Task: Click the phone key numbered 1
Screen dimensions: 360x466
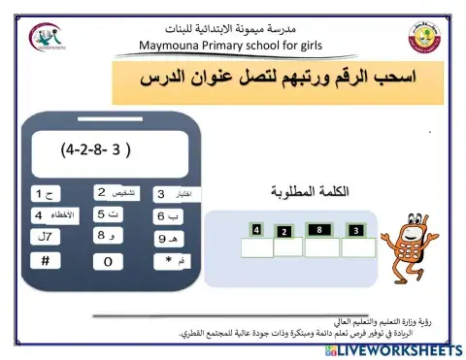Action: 45,193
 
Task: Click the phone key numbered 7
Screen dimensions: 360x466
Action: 45,237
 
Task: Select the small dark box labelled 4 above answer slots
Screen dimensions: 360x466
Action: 256,230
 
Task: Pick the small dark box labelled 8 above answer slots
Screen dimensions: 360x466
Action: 318,230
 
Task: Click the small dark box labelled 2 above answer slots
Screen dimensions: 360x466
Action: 283,232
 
